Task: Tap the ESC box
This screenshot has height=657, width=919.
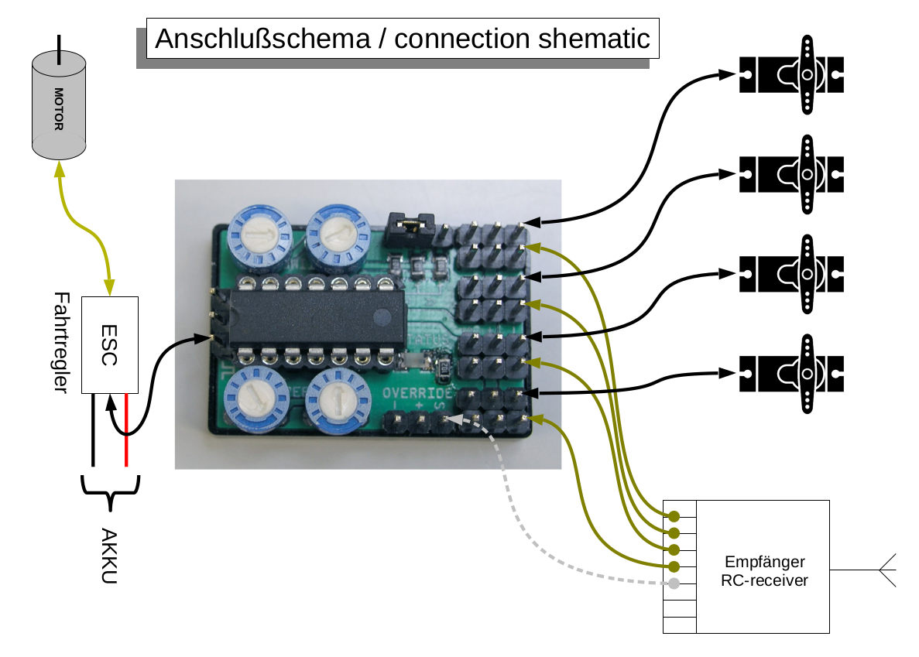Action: (x=110, y=344)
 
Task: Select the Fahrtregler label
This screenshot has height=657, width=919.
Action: (x=63, y=343)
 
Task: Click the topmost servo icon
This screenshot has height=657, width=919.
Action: (x=790, y=75)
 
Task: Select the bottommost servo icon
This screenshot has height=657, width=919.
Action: (x=790, y=374)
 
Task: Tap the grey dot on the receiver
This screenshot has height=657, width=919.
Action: (x=674, y=583)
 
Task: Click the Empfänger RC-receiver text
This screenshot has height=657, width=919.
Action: (x=765, y=571)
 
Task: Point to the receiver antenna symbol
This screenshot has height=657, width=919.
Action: (x=886, y=570)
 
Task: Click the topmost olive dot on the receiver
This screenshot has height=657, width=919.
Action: (x=674, y=516)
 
